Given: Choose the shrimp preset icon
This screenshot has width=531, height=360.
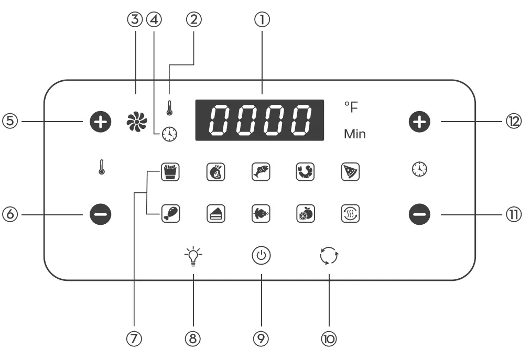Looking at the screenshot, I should point(305,171).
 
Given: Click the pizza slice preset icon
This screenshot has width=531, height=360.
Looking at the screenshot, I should point(350,171).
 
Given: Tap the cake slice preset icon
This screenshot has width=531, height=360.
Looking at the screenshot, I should point(215,213).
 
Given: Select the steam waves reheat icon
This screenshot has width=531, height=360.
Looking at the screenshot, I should point(350,213).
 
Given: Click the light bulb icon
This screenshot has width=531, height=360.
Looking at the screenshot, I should point(193,257).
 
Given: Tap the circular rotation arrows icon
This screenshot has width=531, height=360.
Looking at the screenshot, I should point(329,257).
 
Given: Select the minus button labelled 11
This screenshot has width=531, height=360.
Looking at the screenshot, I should point(419,214).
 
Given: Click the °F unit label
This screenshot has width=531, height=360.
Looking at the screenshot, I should point(351,108).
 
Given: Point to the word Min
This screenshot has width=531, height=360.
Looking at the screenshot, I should point(355,134).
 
